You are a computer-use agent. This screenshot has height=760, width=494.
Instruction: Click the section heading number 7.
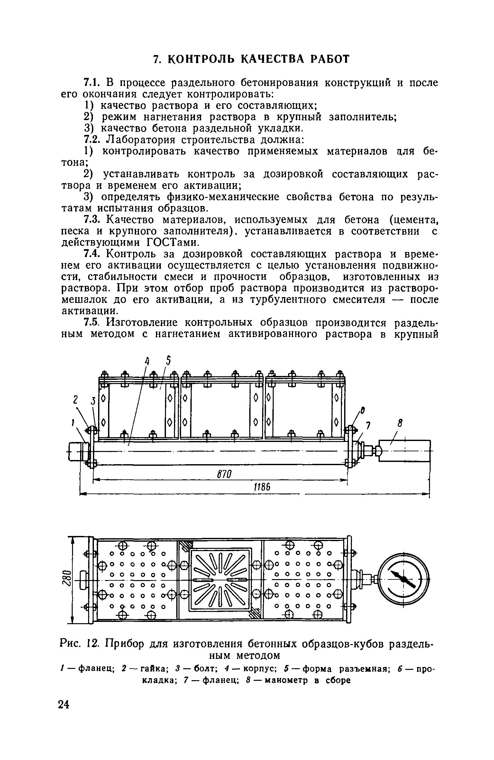[156, 60]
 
